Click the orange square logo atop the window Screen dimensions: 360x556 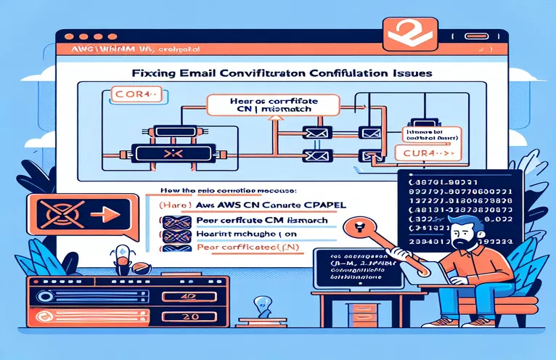(398, 30)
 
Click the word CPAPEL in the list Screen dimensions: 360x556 (323, 205)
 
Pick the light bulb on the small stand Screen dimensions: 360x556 (255, 303)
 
